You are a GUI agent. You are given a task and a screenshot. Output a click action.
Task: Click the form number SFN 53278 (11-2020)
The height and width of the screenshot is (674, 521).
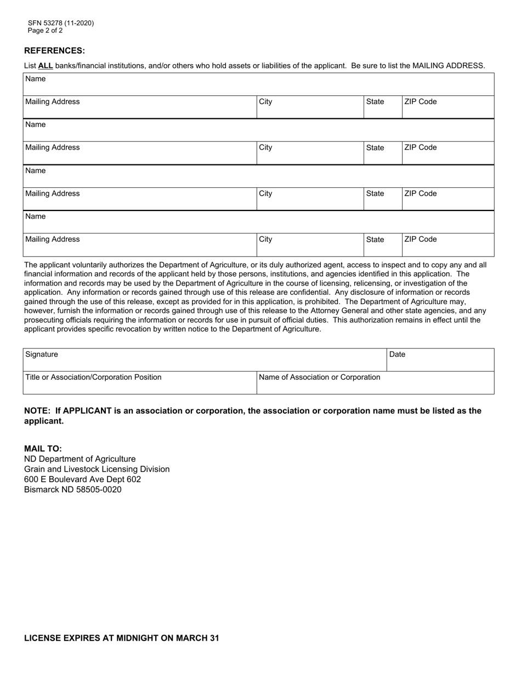(x=61, y=23)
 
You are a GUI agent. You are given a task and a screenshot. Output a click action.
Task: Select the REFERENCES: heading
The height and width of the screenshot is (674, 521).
(x=54, y=50)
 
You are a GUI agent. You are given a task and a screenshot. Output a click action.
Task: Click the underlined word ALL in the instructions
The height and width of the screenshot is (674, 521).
(x=46, y=66)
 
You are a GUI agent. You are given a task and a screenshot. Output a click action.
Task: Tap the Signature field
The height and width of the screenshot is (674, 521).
(x=204, y=360)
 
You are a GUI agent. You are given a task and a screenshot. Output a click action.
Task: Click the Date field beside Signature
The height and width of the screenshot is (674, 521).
(x=440, y=360)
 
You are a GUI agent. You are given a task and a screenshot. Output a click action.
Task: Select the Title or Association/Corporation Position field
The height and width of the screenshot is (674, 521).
(x=139, y=383)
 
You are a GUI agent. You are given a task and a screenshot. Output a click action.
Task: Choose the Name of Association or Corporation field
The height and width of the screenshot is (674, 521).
(x=375, y=383)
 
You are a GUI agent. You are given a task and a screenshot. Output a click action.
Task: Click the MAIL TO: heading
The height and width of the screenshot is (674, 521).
(x=43, y=448)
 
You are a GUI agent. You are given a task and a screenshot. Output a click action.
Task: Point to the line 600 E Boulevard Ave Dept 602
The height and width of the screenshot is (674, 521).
(x=82, y=479)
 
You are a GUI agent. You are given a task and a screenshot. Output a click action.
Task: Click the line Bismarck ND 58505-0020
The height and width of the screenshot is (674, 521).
(x=73, y=489)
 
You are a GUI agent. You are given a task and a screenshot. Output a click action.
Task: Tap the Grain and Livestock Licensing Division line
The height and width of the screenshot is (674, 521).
(x=97, y=469)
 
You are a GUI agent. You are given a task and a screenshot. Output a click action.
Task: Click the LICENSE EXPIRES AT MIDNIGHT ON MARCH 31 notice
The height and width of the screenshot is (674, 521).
(x=121, y=638)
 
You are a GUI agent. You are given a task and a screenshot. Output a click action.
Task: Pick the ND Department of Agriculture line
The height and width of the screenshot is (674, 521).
(x=80, y=459)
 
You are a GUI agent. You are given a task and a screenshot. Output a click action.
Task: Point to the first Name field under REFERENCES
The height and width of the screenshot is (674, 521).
(x=258, y=84)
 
